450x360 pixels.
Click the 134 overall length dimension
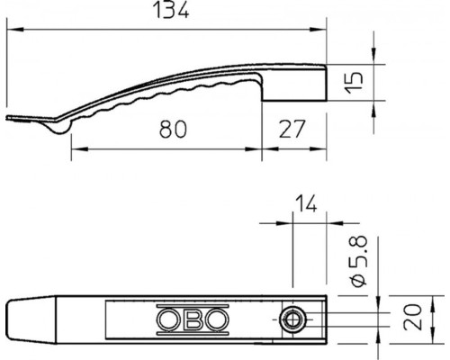[x=171, y=10]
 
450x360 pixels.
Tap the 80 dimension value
[x=173, y=129]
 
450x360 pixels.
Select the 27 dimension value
[x=292, y=129]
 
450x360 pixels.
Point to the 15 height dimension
[x=355, y=83]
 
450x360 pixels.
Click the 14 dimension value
[x=306, y=203]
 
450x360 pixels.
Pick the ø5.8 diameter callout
[x=358, y=261]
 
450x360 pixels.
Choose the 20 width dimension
[x=413, y=317]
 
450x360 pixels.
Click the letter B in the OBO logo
[x=193, y=319]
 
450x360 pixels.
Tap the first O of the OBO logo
[x=168, y=319]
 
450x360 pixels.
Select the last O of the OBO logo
[x=217, y=319]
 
